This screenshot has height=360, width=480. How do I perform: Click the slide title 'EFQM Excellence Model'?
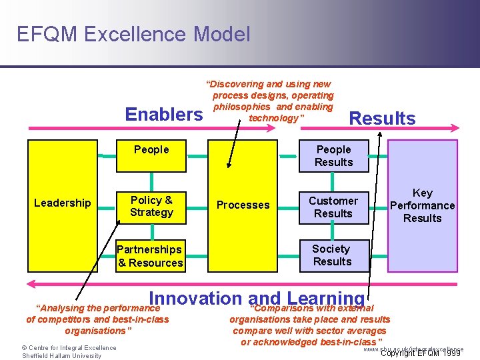click(133, 33)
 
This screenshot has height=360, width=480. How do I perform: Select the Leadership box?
click(63, 203)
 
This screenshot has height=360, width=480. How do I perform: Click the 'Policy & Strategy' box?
click(151, 206)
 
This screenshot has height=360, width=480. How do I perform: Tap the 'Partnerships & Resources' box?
click(150, 256)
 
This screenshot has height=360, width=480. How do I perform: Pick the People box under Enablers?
click(151, 150)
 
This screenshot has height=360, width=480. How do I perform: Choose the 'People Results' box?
click(333, 156)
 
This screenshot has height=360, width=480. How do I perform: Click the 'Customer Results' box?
click(333, 207)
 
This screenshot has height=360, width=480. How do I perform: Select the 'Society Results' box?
click(331, 255)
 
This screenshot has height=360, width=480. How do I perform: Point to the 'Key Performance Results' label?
click(422, 205)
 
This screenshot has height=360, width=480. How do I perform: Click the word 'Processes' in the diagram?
click(243, 205)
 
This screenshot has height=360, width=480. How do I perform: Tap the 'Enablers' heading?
click(164, 115)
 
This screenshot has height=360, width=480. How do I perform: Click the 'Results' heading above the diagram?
click(382, 119)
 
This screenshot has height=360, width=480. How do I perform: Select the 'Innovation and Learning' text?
click(257, 299)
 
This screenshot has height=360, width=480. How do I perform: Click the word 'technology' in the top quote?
click(274, 118)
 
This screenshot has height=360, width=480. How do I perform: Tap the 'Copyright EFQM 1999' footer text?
click(420, 353)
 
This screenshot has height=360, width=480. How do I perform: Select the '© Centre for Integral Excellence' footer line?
click(69, 347)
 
